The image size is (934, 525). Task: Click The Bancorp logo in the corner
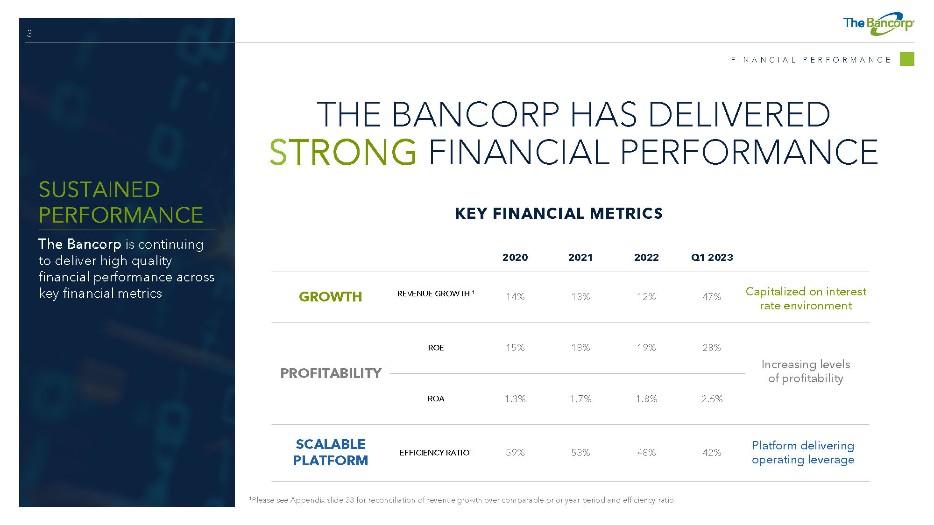tap(878, 24)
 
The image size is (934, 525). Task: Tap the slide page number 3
tap(29, 34)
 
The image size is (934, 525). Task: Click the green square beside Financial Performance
tap(907, 59)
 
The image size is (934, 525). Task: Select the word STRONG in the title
tap(343, 152)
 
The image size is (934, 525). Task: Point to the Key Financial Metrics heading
tap(559, 213)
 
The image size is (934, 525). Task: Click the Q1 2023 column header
tap(712, 258)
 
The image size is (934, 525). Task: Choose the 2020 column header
tap(515, 258)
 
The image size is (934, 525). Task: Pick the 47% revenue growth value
tap(712, 297)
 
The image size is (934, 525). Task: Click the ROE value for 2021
tap(580, 348)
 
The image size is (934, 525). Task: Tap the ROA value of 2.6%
tap(712, 399)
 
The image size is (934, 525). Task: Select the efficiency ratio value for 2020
tap(515, 453)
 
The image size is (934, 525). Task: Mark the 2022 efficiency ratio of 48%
tap(646, 453)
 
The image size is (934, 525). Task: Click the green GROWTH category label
tap(330, 297)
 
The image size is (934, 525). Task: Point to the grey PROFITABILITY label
tap(331, 373)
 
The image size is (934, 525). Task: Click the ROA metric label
tap(436, 399)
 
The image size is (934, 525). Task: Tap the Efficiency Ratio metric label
tap(436, 453)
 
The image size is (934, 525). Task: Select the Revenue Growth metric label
tap(436, 294)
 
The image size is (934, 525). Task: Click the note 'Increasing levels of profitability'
tap(806, 371)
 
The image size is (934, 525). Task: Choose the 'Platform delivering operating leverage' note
tap(803, 453)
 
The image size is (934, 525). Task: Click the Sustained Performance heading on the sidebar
tap(121, 203)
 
